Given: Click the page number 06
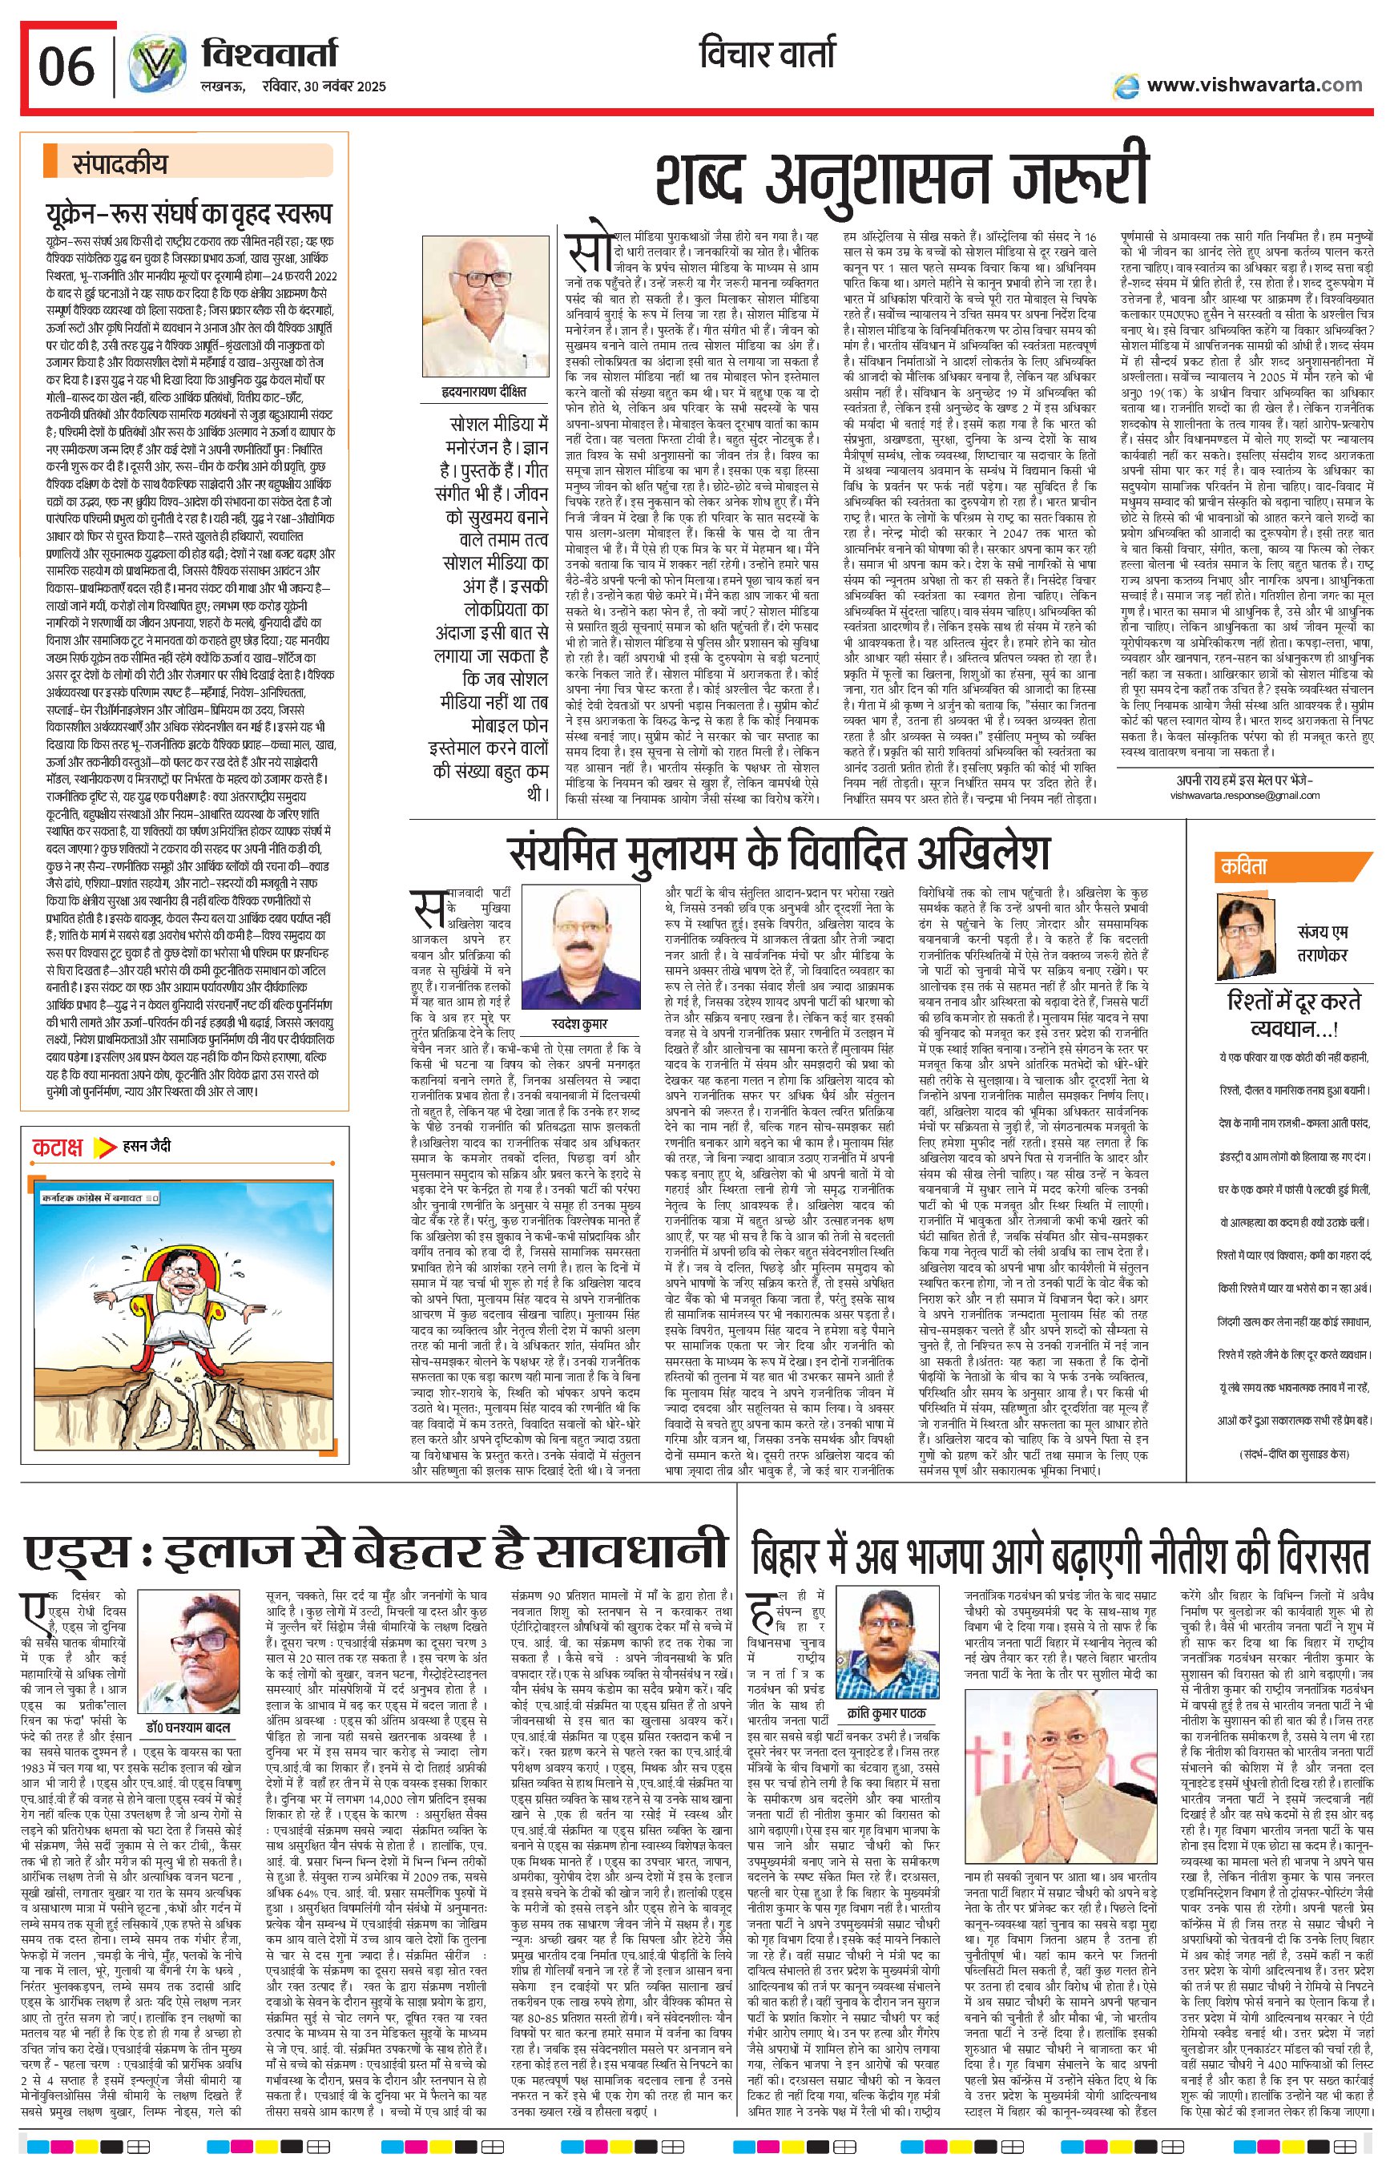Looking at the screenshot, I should coord(66,68).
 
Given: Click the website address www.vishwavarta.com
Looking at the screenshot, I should coord(1254,85).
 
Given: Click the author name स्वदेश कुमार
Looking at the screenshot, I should coord(580,1024).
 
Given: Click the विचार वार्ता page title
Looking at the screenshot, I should coord(767,56).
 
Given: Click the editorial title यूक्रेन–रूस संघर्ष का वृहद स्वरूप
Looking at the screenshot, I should coord(189,214).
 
